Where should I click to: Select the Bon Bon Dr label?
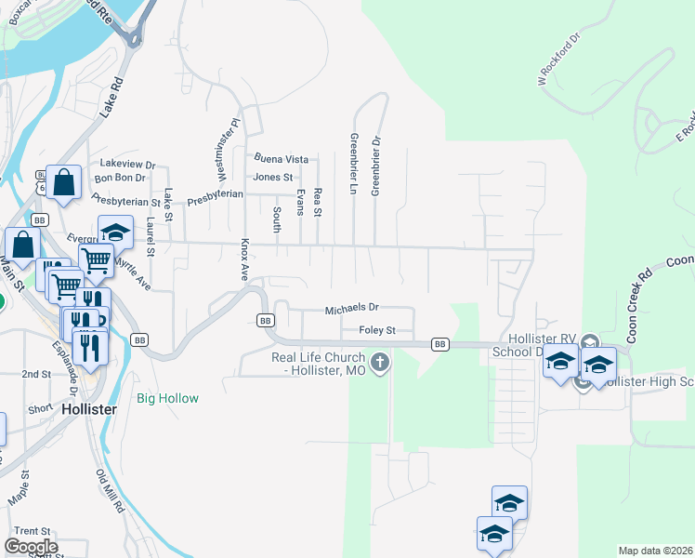tap(120, 177)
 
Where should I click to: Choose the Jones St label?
tap(273, 177)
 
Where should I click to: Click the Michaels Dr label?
tap(352, 308)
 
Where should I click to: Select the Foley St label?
tap(377, 330)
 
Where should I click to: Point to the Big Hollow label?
tap(167, 398)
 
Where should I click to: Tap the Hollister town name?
tap(88, 408)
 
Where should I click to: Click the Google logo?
tap(31, 547)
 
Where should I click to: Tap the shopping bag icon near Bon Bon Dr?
tap(64, 184)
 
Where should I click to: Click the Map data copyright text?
tap(656, 551)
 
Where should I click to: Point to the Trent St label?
tap(32, 531)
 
